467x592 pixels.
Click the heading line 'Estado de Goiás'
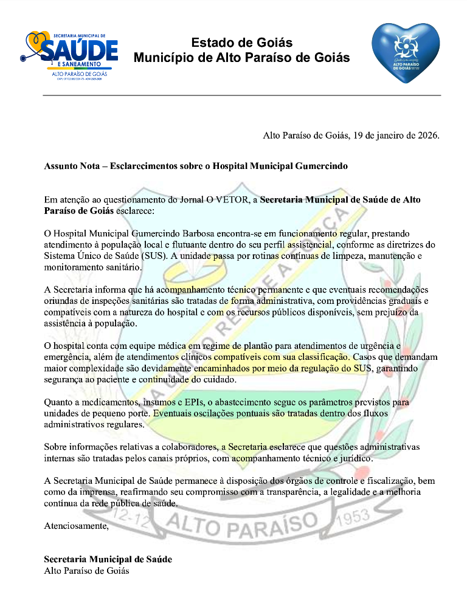point(242,43)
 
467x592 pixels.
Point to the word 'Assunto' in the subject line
point(61,166)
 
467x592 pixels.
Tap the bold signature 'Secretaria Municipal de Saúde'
point(108,559)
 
